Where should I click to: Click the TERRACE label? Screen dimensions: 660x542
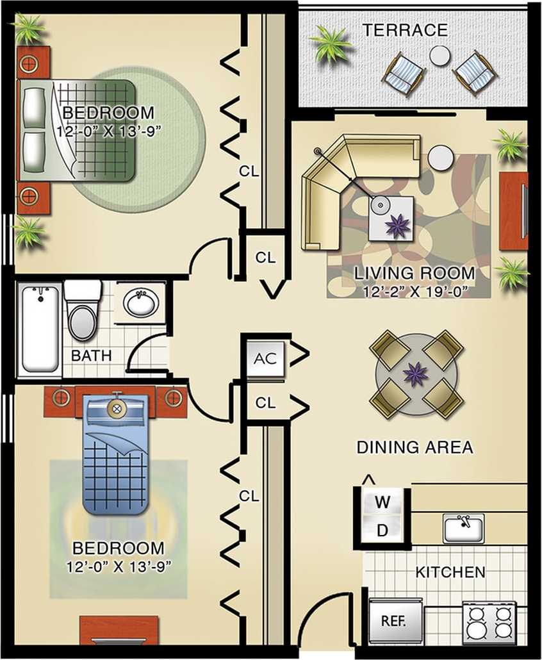tap(404, 29)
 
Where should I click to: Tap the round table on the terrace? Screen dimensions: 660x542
tap(440, 56)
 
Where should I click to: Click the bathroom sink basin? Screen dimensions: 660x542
tap(141, 302)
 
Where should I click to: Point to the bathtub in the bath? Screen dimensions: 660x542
tap(40, 328)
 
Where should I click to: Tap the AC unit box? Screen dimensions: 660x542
tap(265, 358)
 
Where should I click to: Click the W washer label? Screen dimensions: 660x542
tap(382, 502)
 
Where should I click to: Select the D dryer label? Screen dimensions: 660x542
tap(382, 530)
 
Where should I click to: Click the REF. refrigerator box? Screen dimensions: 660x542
tap(395, 621)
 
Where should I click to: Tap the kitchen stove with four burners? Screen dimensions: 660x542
tap(489, 622)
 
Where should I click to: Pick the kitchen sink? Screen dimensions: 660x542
tap(463, 528)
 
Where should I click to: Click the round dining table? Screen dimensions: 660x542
tap(416, 374)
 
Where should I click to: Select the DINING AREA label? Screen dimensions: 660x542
tap(415, 447)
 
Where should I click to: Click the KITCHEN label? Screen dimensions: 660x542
tap(450, 572)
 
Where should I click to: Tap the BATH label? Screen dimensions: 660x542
tap(91, 355)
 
